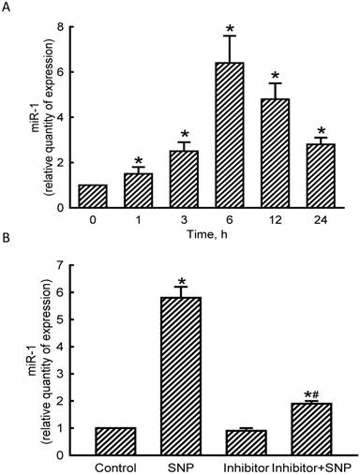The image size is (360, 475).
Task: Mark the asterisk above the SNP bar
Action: pos(165,281)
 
